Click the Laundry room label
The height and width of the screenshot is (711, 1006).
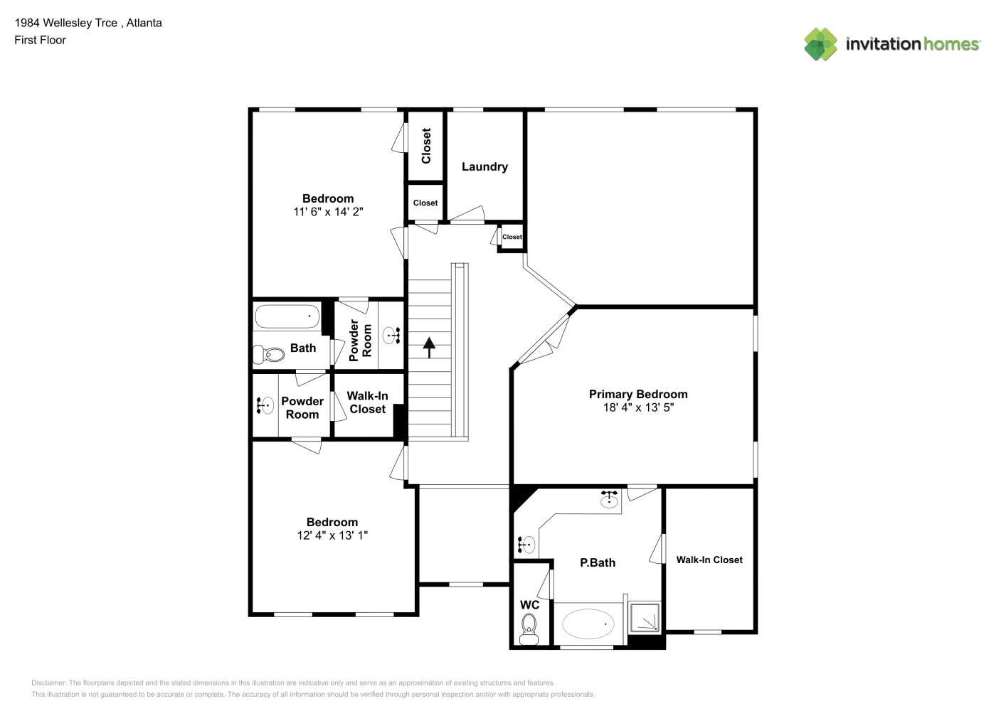pyautogui.click(x=485, y=167)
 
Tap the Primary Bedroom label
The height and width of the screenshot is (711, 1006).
pyautogui.click(x=638, y=394)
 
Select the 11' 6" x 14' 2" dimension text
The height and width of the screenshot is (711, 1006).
pyautogui.click(x=328, y=212)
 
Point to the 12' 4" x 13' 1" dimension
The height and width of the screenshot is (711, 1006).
pyautogui.click(x=332, y=535)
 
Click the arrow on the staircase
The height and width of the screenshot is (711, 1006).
pyautogui.click(x=429, y=348)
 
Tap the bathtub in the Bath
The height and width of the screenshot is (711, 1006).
pyautogui.click(x=287, y=316)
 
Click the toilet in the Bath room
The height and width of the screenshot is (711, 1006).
pyautogui.click(x=268, y=355)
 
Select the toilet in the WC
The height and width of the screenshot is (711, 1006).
pyautogui.click(x=529, y=629)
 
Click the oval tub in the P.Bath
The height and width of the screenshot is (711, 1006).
pyautogui.click(x=588, y=624)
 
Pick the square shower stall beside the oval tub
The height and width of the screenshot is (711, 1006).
pyautogui.click(x=645, y=618)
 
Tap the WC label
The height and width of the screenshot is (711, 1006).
pyautogui.click(x=529, y=605)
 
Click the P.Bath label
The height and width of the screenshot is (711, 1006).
pyautogui.click(x=598, y=563)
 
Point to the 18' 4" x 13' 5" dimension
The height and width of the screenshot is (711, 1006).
pyautogui.click(x=638, y=407)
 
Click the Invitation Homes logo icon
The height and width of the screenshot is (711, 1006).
pyautogui.click(x=820, y=44)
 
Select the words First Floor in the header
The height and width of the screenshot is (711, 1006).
pyautogui.click(x=40, y=40)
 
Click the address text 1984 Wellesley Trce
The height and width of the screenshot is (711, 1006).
pyautogui.click(x=66, y=23)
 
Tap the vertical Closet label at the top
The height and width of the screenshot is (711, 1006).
pyautogui.click(x=425, y=146)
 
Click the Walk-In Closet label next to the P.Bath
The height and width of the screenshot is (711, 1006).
pyautogui.click(x=709, y=560)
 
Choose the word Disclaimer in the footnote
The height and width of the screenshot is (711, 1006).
pyautogui.click(x=48, y=683)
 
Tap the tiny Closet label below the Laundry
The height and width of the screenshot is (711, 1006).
pyautogui.click(x=512, y=237)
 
